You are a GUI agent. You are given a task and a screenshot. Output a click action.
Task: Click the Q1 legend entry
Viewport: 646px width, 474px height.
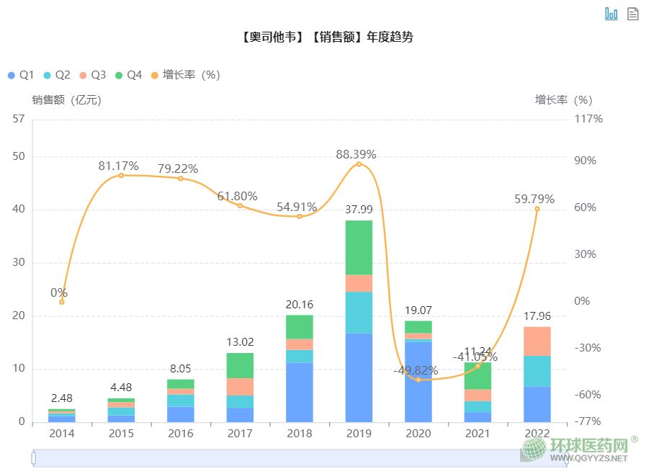20,75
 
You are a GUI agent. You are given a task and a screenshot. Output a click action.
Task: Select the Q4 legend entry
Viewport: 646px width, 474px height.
128,75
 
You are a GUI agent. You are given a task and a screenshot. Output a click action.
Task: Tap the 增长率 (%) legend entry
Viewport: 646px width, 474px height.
184,75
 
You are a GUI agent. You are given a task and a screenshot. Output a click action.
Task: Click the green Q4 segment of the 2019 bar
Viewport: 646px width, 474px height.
359,247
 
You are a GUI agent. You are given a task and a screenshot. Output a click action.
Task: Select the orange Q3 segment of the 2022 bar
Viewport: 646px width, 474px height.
537,341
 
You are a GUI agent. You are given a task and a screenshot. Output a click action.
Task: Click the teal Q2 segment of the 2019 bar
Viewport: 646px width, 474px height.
359,312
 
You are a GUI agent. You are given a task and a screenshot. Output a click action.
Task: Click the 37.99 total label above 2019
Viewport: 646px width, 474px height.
359,210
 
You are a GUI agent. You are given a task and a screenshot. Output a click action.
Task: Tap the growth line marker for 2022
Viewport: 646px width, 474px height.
537,209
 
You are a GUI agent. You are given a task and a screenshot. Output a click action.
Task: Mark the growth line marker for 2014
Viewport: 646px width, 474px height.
62,302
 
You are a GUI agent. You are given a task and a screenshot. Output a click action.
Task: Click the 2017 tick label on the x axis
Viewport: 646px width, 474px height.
240,434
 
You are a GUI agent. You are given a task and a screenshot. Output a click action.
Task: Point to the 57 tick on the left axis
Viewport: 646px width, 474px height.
19,119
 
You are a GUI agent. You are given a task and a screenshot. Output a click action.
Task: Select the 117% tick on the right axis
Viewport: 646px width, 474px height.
588,119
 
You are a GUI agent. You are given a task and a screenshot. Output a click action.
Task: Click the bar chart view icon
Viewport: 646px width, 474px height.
611,14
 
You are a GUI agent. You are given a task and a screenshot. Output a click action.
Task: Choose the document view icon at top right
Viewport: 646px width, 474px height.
633,14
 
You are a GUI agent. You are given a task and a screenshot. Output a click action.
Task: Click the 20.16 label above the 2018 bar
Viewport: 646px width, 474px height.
299,305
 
